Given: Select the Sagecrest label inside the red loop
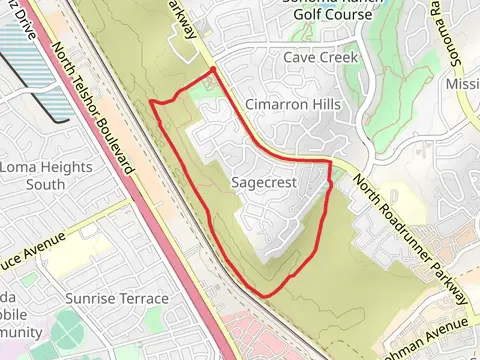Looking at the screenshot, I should click(264, 183).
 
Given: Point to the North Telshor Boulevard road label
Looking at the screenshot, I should click(94, 109).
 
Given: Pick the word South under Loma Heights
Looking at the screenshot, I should click(44, 184).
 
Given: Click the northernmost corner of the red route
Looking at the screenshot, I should click(213, 69).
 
